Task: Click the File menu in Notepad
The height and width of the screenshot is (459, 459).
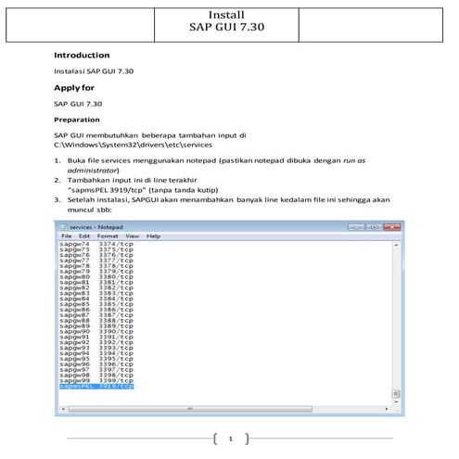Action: pos(67,236)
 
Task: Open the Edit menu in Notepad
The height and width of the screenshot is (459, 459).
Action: pos(86,236)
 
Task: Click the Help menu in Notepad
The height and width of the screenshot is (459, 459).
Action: pos(153,236)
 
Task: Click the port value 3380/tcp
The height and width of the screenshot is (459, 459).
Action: pos(117,276)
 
